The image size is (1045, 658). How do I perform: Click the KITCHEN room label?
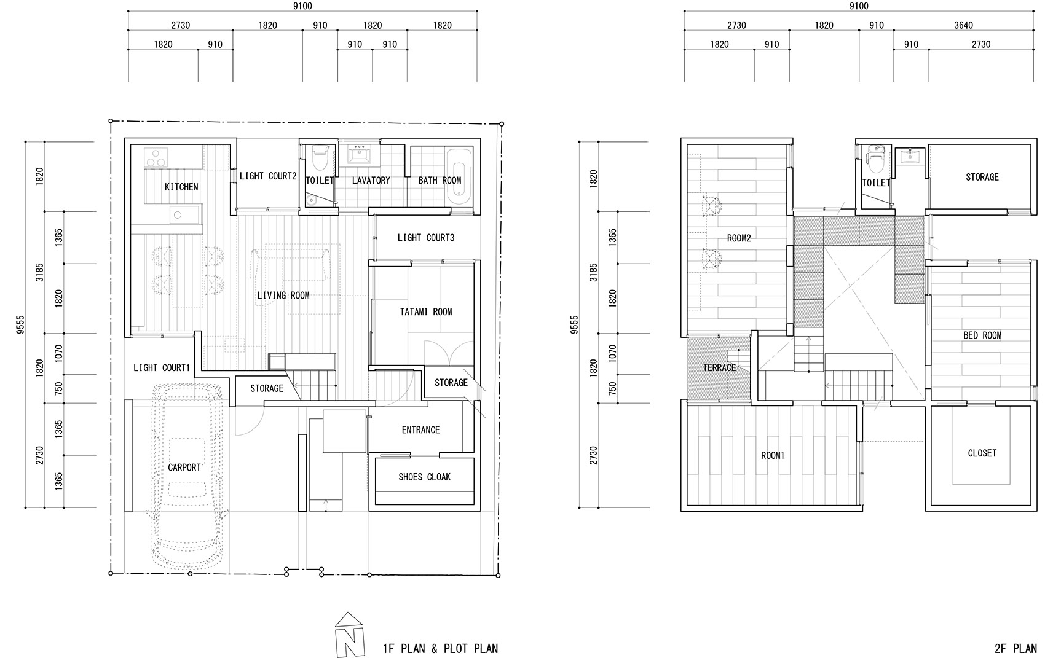coord(181,187)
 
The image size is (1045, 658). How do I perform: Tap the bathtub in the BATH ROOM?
coord(459,176)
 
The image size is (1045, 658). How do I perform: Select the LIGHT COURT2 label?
coord(268,176)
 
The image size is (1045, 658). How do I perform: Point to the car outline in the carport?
coord(187,476)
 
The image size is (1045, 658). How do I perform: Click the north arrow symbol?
coord(349,635)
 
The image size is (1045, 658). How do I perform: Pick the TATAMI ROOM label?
coord(426,311)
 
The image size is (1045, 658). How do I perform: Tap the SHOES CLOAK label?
coord(425,477)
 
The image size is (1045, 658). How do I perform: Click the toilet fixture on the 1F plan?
coord(320,158)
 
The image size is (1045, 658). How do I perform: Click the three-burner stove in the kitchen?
coord(156,157)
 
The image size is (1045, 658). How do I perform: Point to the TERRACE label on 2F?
coord(719,367)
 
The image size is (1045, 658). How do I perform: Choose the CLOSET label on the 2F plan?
coord(982,453)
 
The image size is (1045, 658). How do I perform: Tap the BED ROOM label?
coord(982,335)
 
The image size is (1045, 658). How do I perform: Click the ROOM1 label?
coord(773,455)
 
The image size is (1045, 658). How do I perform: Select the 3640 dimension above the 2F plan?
coord(963,25)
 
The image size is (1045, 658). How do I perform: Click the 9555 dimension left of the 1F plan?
coord(20,324)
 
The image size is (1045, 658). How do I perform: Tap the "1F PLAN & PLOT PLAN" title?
coord(440,648)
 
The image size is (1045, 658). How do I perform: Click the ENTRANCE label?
coord(421,429)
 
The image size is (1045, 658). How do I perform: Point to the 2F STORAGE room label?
coord(982,177)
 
